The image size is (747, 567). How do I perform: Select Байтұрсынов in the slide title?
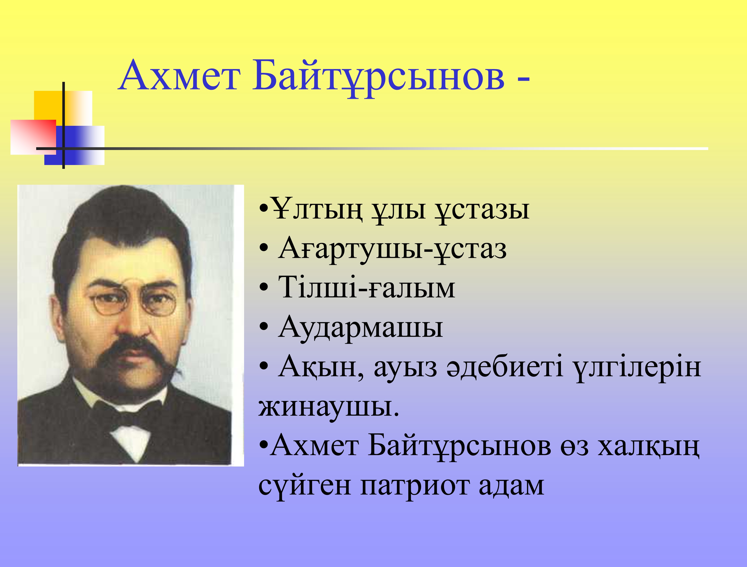coord(379,79)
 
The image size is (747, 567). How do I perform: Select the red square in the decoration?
coord(33,137)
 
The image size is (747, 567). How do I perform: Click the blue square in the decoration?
coord(74,145)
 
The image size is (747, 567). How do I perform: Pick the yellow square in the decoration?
coord(63,108)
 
